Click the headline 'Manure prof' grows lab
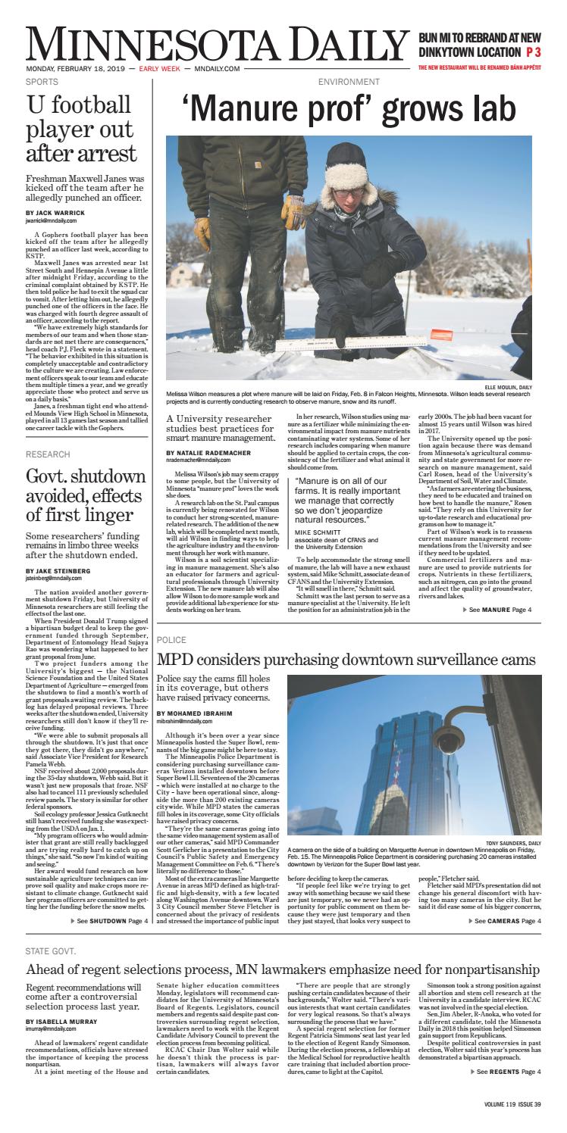(x=343, y=107)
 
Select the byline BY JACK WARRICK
(x=56, y=213)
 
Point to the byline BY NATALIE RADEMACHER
(x=211, y=452)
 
